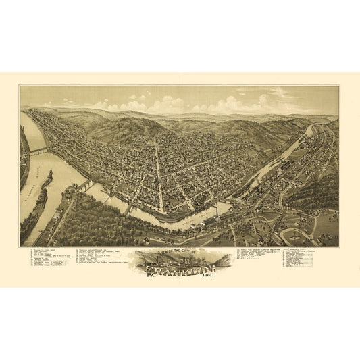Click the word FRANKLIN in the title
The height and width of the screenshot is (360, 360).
coord(177,265)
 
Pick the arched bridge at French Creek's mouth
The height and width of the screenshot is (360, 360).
coord(84,184)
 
